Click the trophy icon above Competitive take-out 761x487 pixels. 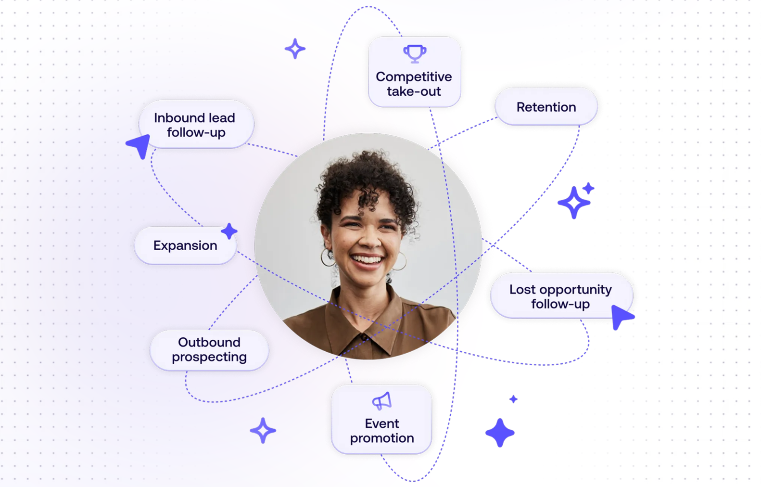pos(415,54)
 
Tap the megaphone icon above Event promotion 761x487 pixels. pos(382,401)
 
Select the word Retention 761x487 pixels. pos(546,107)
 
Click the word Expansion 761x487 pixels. pos(185,246)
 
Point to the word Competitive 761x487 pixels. pos(414,77)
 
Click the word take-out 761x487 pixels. pos(414,91)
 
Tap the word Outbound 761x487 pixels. pos(209,342)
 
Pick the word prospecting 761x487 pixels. pos(209,357)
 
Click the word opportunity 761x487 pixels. pos(575,290)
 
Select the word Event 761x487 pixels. pos(382,424)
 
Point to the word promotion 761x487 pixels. pos(382,438)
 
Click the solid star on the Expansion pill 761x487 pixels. pos(229,231)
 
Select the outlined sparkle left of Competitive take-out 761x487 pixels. pos(295,49)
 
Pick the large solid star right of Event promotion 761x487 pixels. pos(500,433)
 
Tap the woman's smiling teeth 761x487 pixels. pos(366,260)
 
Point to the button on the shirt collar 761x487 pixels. pos(364,337)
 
